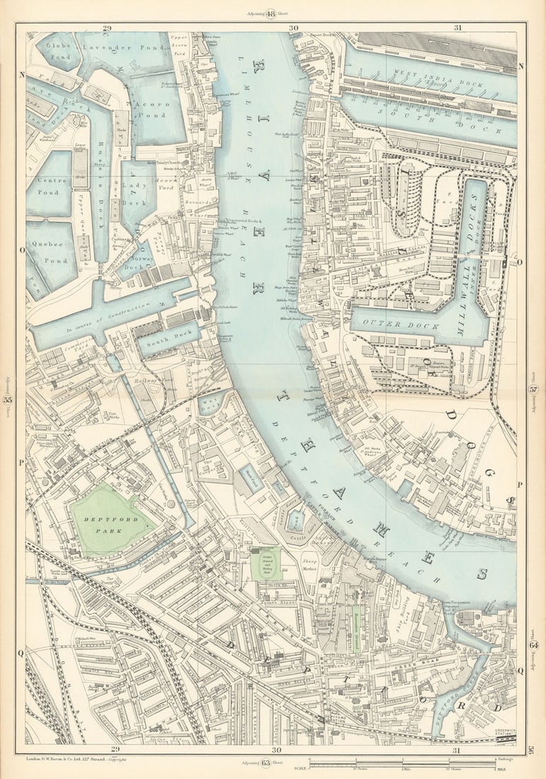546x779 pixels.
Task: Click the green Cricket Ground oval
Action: (266, 566)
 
